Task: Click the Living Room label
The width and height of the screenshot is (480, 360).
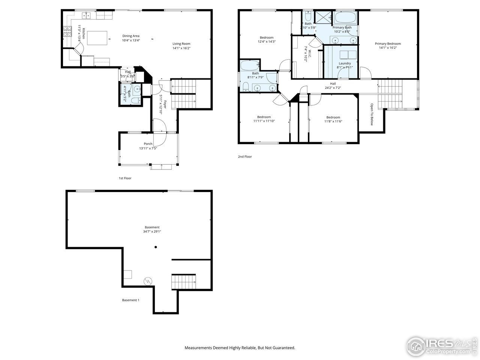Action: coord(181,44)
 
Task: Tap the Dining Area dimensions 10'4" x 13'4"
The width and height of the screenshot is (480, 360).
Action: coord(131,40)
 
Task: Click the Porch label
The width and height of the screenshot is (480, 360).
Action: coord(148,144)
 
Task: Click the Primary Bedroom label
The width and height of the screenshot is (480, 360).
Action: coord(388,44)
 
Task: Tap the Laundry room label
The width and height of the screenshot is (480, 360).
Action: coord(345,63)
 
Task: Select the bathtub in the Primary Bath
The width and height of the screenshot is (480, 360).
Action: coord(346,18)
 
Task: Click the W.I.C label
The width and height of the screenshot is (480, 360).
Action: coord(306,49)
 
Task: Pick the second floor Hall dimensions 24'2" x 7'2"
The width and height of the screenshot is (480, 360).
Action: coord(333,88)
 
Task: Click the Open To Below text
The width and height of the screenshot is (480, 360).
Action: coord(372,114)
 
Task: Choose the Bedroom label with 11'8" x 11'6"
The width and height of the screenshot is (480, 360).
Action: coord(333,117)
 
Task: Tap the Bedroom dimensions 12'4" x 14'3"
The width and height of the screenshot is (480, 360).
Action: coord(267,42)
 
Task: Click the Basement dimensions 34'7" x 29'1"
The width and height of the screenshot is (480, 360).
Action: coord(152,231)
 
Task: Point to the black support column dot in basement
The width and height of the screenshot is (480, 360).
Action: coord(156,247)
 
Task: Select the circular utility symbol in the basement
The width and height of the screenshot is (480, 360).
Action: coord(148,280)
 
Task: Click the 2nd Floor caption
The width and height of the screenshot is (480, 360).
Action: coord(245,157)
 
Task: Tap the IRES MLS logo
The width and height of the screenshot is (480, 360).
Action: coord(442,345)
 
